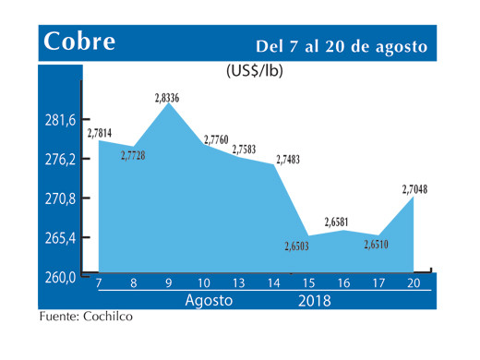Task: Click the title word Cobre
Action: [78, 42]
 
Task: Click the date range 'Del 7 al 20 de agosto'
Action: [342, 45]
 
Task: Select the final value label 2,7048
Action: [413, 189]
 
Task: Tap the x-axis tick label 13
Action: [237, 283]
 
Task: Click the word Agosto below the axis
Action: [209, 301]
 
